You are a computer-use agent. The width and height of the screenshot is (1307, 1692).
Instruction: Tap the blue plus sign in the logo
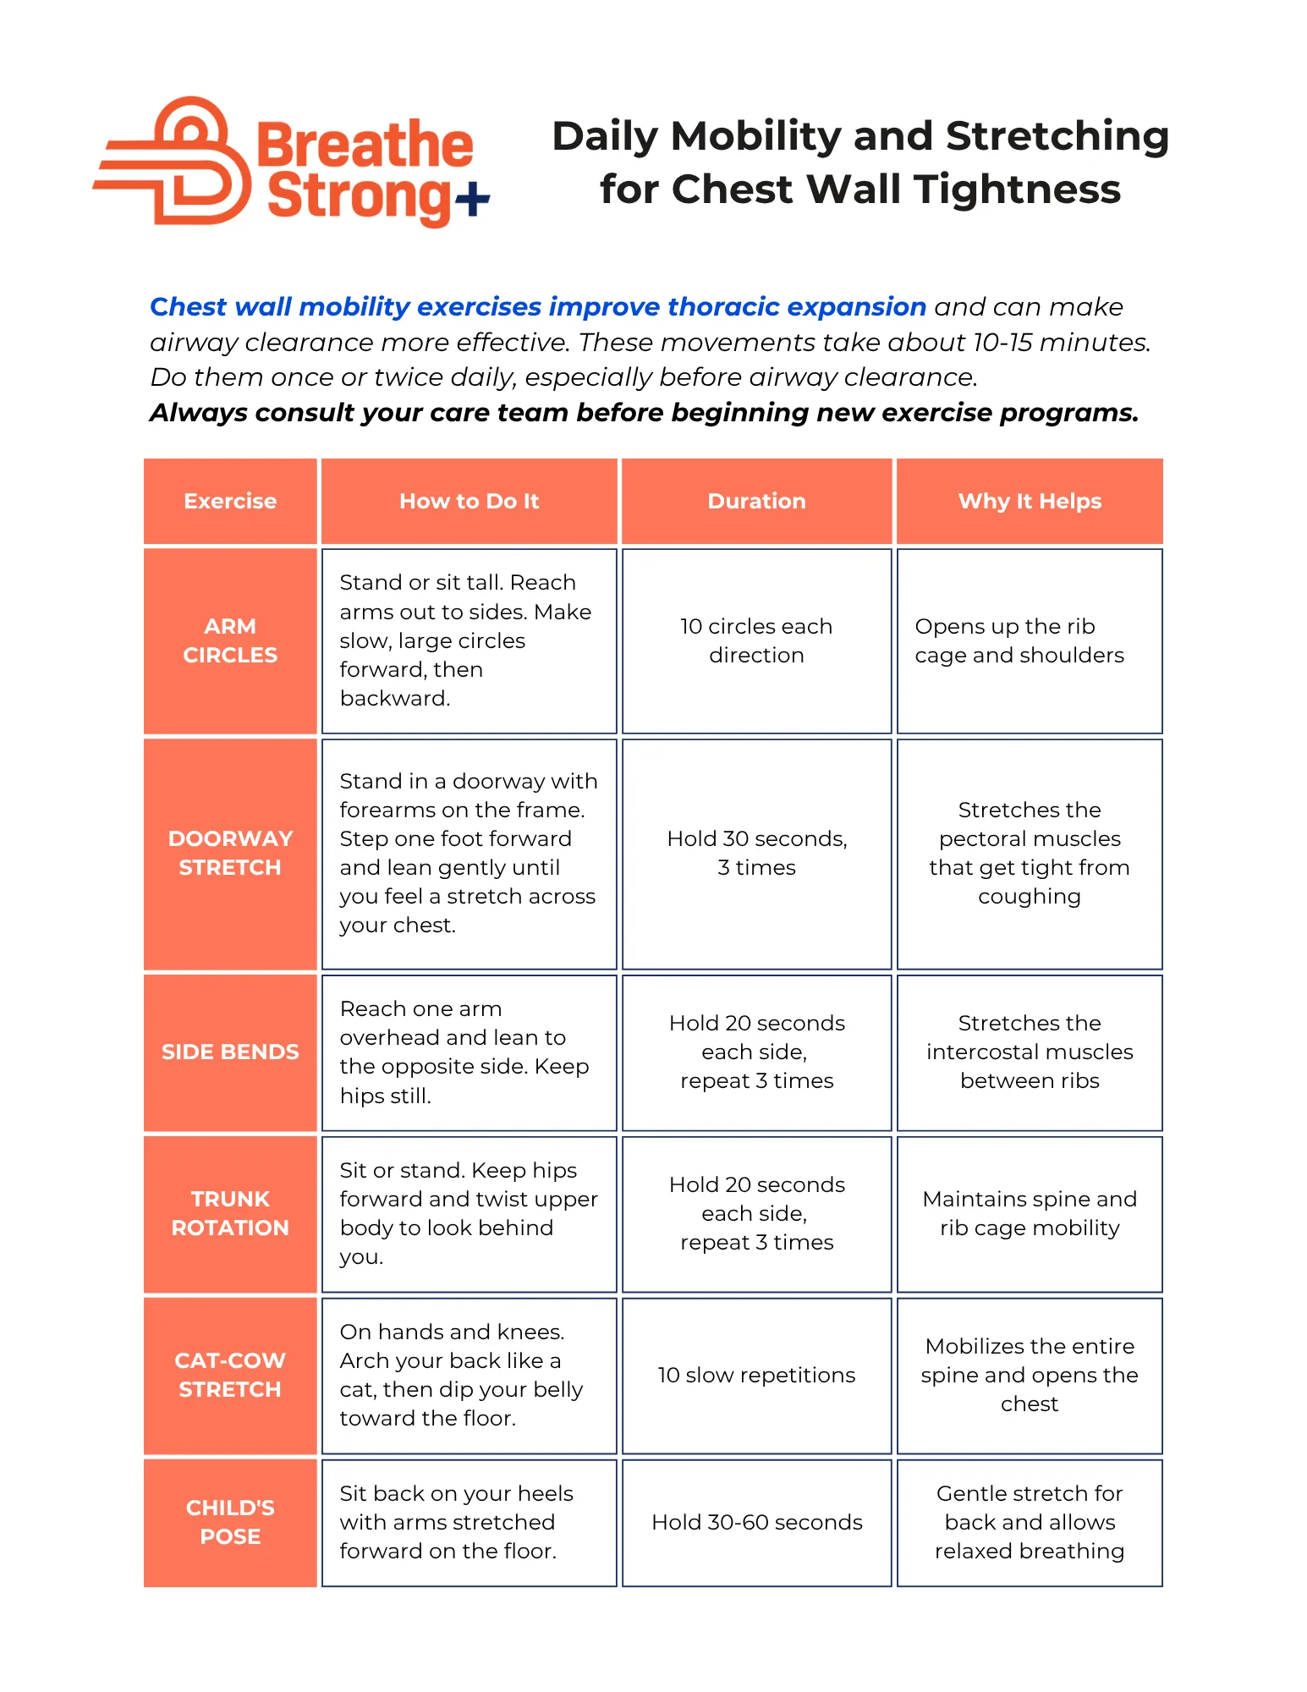472,200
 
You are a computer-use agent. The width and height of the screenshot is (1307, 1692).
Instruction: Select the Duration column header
756,501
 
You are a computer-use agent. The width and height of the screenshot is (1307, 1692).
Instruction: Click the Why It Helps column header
1029,501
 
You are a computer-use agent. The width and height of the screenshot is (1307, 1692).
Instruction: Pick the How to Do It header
469,501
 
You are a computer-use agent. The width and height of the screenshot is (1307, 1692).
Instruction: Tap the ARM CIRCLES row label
230,640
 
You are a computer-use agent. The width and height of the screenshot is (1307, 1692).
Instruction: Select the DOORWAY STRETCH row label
230,853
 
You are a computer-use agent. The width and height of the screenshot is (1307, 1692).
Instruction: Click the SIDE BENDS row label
230,1052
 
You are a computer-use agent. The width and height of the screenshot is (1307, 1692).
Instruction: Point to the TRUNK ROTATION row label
230,1213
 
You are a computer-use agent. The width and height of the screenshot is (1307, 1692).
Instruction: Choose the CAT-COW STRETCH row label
230,1375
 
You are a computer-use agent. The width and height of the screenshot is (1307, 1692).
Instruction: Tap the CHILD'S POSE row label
230,1522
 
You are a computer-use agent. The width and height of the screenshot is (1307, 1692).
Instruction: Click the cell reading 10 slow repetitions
756,1375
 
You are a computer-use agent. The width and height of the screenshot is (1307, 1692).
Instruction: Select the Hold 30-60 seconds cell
756,1522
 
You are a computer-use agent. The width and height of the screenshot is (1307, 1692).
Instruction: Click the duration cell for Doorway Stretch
756,853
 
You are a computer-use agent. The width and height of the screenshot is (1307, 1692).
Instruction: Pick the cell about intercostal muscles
1029,1052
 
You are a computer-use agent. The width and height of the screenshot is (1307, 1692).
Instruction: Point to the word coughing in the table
1029,897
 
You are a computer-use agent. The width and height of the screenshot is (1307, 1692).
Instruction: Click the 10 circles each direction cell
756,640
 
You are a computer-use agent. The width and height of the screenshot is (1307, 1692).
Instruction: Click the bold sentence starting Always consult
644,413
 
